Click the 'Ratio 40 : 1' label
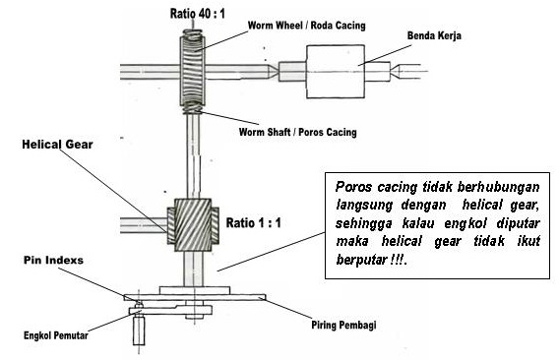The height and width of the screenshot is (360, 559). tap(198, 14)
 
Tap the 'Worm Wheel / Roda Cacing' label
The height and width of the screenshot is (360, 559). tap(307, 26)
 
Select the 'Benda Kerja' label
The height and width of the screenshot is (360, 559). tap(434, 35)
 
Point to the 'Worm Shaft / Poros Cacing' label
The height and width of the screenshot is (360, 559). tap(297, 132)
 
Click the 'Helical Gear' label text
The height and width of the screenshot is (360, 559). tap(57, 145)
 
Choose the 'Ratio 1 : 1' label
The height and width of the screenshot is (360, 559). tap(254, 223)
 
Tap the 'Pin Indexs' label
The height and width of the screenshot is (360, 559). tap(53, 261)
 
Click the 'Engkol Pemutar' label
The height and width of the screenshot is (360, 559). tap(56, 335)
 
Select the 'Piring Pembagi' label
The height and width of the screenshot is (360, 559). tap(343, 325)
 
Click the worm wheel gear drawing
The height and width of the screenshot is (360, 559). tap(193, 70)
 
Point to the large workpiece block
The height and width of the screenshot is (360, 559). tap(336, 71)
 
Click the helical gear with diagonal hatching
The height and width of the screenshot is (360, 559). tap(193, 225)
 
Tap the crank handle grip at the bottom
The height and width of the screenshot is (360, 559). tap(139, 330)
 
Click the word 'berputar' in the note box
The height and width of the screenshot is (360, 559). tap(359, 260)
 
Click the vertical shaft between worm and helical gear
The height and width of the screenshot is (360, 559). tap(193, 155)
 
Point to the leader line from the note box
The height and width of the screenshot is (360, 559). tap(272, 252)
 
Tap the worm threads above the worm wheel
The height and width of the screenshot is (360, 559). tap(193, 33)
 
